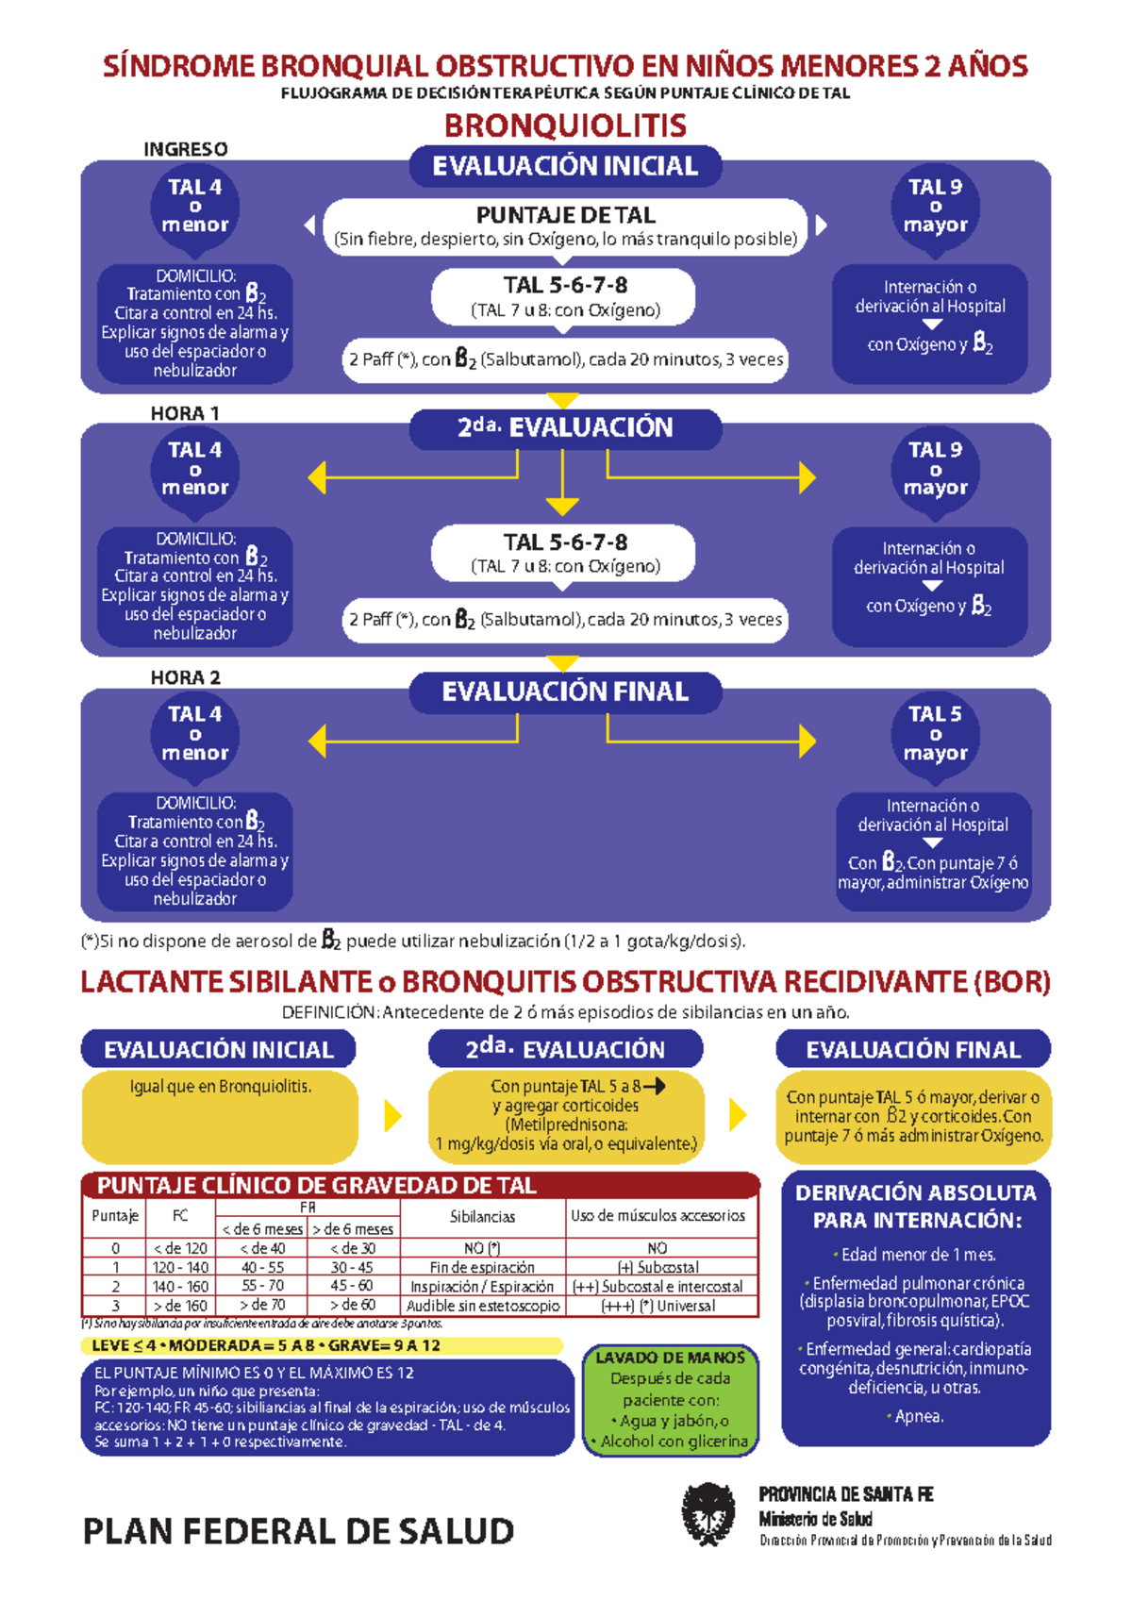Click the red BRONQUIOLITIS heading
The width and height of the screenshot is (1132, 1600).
pyautogui.click(x=565, y=125)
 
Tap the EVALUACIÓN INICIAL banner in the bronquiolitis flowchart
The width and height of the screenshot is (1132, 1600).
pyautogui.click(x=565, y=166)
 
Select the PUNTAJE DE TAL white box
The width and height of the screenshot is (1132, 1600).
pyautogui.click(x=565, y=226)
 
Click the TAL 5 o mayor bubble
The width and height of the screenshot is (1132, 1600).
pyautogui.click(x=935, y=734)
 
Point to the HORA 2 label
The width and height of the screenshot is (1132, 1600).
pyautogui.click(x=185, y=677)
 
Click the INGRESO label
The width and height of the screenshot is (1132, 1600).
pyautogui.click(x=185, y=149)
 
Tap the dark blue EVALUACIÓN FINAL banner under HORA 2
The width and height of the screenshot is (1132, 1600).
pyautogui.click(x=565, y=692)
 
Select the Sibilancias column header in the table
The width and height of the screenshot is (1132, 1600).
pyautogui.click(x=482, y=1217)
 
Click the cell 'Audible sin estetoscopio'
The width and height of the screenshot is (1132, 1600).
pyautogui.click(x=483, y=1306)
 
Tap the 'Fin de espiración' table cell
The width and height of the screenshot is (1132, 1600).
pyautogui.click(x=482, y=1268)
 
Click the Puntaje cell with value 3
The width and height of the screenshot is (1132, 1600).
pyautogui.click(x=115, y=1306)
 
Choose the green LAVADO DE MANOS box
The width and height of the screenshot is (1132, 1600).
pyautogui.click(x=671, y=1399)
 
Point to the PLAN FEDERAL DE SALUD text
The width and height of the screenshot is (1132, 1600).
pyautogui.click(x=298, y=1530)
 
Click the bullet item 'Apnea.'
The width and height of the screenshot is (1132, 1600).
pyautogui.click(x=918, y=1416)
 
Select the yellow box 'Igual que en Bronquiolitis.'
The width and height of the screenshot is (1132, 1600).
pyautogui.click(x=220, y=1115)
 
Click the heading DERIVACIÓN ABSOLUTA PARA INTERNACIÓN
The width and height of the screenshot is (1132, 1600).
pyautogui.click(x=915, y=1206)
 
